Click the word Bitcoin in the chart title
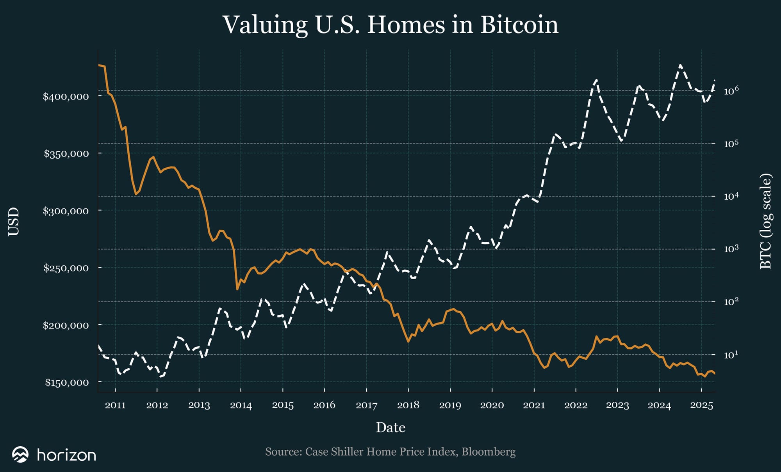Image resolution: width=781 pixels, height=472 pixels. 519,25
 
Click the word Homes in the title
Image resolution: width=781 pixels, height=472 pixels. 406,25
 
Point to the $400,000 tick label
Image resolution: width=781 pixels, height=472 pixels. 66,96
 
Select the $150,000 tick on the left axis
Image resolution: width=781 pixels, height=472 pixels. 67,382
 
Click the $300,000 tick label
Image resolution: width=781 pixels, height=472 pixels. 66,211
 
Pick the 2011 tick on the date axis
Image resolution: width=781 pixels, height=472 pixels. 115,405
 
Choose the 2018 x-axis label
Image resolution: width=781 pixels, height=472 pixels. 408,405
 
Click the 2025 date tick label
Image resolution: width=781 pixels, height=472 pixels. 701,405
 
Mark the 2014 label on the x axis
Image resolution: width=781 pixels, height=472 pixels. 241,405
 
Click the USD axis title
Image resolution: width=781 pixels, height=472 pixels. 14,222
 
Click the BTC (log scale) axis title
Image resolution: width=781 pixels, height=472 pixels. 766,222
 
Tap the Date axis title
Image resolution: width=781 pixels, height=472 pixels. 390,428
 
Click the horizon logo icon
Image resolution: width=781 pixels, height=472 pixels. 20,454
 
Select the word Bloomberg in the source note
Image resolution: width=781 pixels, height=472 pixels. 489,452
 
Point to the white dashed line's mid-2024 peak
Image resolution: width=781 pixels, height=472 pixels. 680,66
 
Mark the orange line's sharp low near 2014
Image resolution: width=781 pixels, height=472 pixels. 237,289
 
